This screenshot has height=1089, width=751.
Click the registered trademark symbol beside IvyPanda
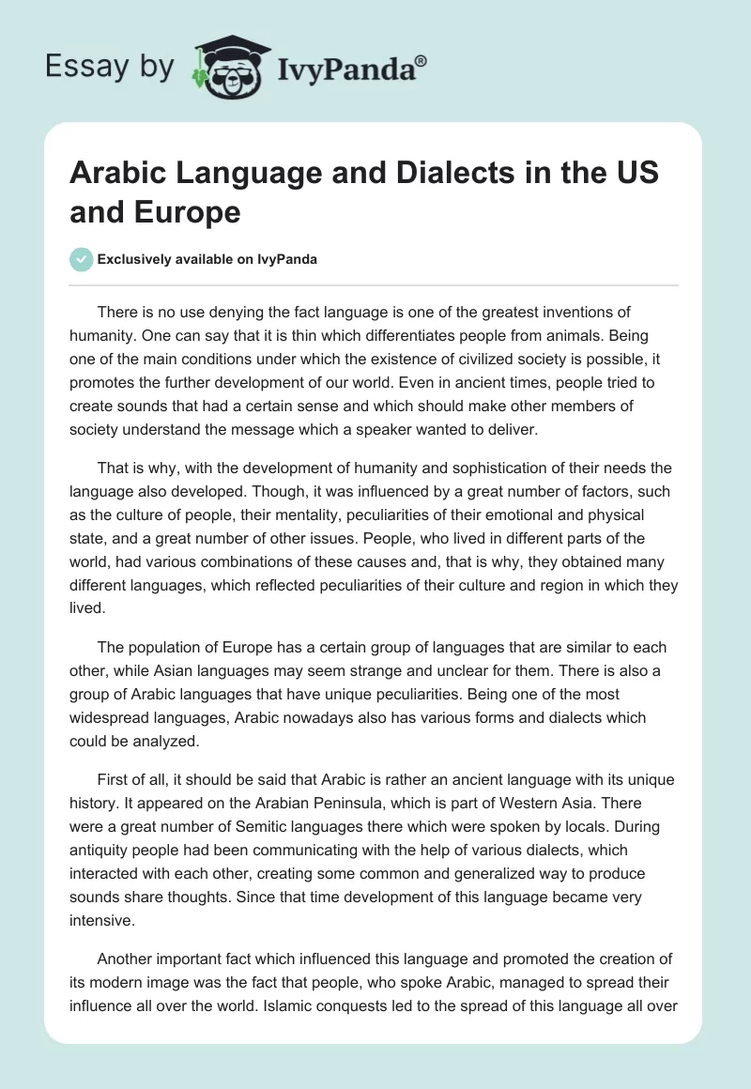tap(421, 59)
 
